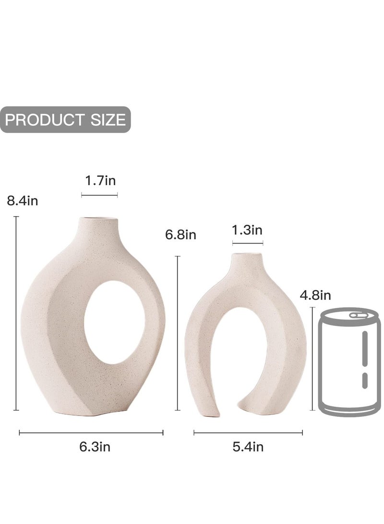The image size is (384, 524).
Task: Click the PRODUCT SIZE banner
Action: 65,120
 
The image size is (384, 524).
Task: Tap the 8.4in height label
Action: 22,200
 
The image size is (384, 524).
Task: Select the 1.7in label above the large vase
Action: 100,181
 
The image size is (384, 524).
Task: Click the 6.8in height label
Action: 180,235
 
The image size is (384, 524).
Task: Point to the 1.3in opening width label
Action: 247,230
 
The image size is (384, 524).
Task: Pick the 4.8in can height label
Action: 315,295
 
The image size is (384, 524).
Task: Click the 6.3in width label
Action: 95,447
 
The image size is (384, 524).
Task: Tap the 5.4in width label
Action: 248,447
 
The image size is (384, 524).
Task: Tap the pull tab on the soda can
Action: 356,316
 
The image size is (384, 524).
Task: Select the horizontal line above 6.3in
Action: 91,432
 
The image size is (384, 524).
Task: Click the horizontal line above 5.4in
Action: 248,432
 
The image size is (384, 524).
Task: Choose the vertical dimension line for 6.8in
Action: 178,333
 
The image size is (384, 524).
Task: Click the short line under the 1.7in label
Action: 99,195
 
